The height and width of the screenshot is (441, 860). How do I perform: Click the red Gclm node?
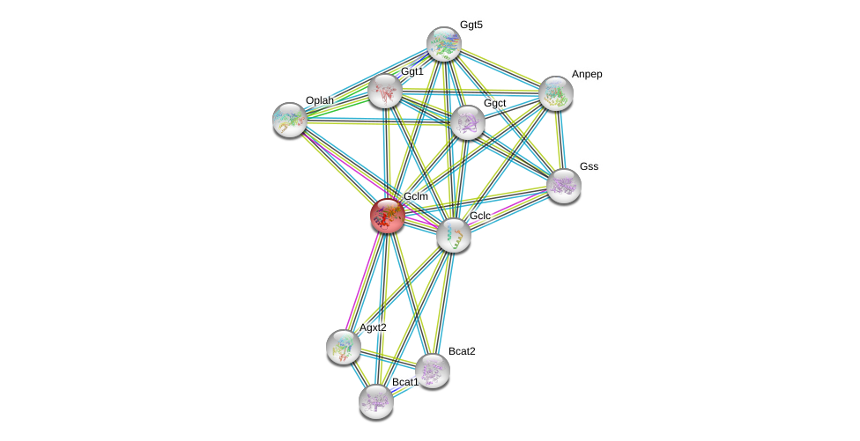pyautogui.click(x=387, y=216)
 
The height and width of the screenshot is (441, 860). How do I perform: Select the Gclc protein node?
pyautogui.click(x=453, y=235)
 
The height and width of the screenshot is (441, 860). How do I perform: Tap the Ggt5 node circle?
pyautogui.click(x=443, y=44)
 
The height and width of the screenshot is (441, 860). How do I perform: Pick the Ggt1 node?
pyautogui.click(x=385, y=91)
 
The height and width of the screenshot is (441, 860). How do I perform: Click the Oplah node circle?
pyautogui.click(x=289, y=120)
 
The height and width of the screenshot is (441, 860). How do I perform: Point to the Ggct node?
pyautogui.click(x=467, y=122)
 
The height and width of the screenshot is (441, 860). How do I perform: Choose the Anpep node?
pyautogui.click(x=555, y=93)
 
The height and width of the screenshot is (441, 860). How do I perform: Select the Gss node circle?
pyautogui.click(x=563, y=186)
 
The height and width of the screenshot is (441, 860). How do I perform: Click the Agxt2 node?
pyautogui.click(x=343, y=346)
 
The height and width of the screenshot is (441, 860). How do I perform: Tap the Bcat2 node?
pyautogui.click(x=432, y=371)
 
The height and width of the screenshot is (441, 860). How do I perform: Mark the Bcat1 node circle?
pyautogui.click(x=376, y=401)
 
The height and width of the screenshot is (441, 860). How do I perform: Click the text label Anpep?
pyautogui.click(x=587, y=74)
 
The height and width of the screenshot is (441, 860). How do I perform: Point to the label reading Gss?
pyautogui.click(x=589, y=166)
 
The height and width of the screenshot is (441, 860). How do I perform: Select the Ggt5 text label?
pyautogui.click(x=471, y=25)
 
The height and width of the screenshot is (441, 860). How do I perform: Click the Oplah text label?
pyautogui.click(x=319, y=100)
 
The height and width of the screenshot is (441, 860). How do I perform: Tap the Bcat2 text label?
pyautogui.click(x=461, y=351)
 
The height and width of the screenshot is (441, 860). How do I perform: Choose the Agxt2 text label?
pyautogui.click(x=372, y=327)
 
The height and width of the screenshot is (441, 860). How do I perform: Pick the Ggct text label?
pyautogui.click(x=494, y=103)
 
